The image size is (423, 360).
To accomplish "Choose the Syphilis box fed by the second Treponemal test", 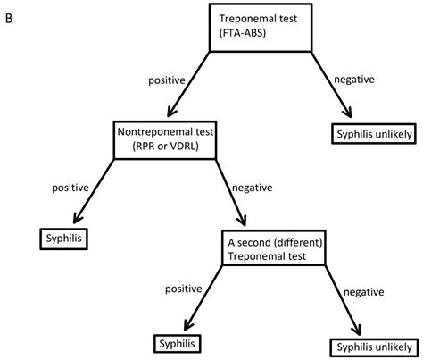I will pyautogui.click(x=174, y=342).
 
